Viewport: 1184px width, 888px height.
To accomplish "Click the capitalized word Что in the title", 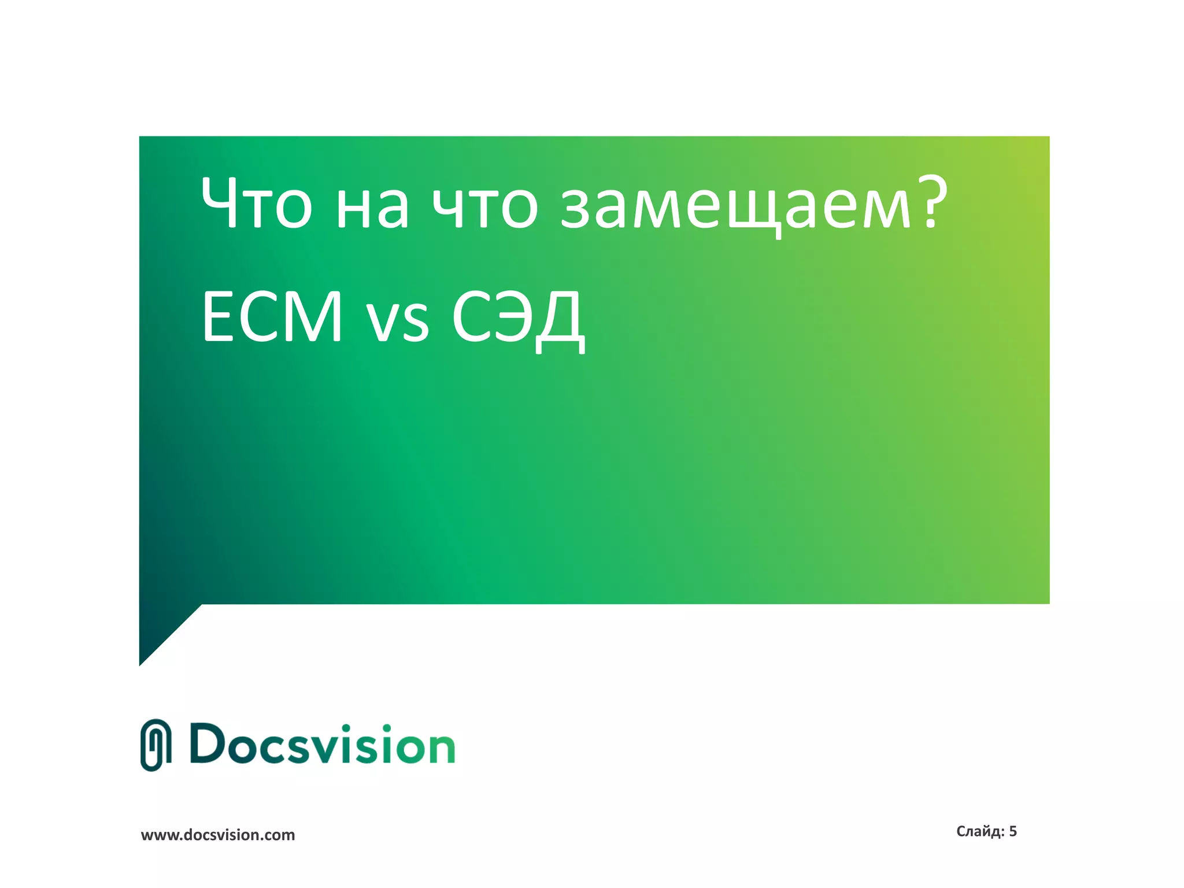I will [257, 203].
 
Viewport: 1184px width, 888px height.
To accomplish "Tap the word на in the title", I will [372, 208].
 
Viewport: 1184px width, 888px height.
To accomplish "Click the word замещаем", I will [735, 208].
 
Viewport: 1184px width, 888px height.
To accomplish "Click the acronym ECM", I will [272, 317].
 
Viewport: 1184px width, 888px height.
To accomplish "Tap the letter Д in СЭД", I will [558, 321].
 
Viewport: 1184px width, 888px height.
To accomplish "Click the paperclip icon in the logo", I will [156, 745].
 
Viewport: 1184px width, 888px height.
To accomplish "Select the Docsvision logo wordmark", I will [322, 745].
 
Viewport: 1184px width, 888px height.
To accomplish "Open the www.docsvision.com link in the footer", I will [218, 835].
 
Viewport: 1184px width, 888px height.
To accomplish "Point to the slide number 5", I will [1013, 831].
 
